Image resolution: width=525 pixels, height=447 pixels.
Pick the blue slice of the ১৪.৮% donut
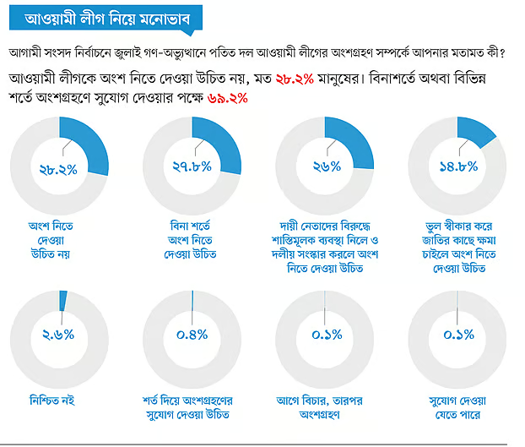(x=475, y=128)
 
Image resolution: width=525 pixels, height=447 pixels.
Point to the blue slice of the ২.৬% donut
(x=63, y=299)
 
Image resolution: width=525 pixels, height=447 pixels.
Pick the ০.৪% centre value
(x=193, y=335)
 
